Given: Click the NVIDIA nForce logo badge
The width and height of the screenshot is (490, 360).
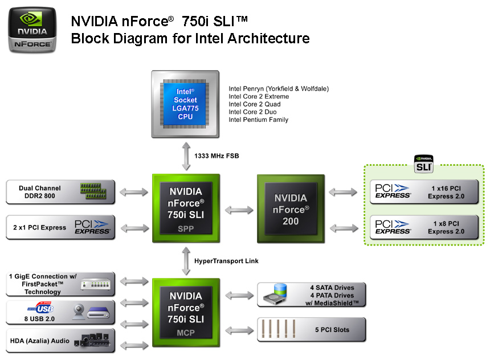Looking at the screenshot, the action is click(32, 30).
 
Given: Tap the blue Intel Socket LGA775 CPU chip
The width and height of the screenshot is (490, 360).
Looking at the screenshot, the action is click(185, 104).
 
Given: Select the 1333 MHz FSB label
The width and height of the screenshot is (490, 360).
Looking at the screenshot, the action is click(217, 156).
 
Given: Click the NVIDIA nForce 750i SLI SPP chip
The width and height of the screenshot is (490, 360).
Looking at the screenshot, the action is click(186, 208).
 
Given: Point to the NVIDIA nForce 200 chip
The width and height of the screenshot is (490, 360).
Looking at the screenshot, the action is click(291, 208).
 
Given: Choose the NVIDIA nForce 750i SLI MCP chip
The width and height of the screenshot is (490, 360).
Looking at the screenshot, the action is click(186, 313).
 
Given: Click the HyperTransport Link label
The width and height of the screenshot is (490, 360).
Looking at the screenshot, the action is click(226, 261).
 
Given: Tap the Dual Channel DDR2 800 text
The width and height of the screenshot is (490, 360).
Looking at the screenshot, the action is click(40, 192).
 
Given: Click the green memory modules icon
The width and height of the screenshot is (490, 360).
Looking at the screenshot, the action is click(93, 191).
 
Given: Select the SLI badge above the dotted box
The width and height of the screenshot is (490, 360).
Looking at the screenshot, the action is click(423, 163).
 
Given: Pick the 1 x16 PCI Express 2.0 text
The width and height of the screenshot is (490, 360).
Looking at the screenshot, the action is click(446, 192).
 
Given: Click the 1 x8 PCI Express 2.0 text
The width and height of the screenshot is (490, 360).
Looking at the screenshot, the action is click(446, 227).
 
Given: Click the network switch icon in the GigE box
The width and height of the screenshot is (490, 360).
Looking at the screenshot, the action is click(96, 284).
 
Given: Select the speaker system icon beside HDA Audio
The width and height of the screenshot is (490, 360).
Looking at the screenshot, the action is click(92, 340).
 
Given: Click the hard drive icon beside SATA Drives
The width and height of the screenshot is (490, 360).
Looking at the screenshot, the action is click(275, 294).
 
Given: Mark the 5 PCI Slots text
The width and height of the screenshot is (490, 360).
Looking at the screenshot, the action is click(332, 330).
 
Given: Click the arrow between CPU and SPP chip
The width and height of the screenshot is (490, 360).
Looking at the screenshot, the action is click(186, 156).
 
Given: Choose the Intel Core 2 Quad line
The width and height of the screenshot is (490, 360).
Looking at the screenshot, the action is click(254, 104).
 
